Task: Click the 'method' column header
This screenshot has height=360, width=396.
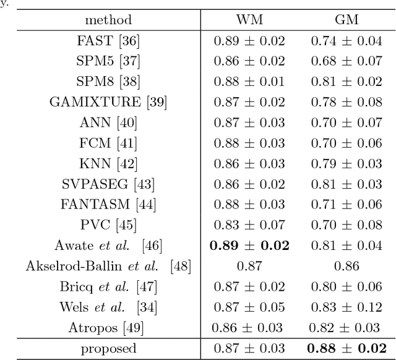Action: point(108,20)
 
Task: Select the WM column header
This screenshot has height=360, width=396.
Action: point(249,20)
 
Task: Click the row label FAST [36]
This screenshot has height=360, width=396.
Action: point(108,41)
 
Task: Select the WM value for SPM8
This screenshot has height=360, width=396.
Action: point(249,82)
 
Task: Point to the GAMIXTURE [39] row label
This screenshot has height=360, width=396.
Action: point(108,103)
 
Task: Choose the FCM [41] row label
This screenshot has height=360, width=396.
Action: point(108,144)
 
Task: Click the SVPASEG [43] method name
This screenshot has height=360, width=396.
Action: point(108,184)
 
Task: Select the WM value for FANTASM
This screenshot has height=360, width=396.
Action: point(249,205)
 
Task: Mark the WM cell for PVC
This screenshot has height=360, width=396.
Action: point(249,225)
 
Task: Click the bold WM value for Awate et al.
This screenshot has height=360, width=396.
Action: point(249,246)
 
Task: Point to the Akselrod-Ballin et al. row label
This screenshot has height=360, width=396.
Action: point(108,267)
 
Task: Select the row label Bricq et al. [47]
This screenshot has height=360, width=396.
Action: point(108,287)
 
